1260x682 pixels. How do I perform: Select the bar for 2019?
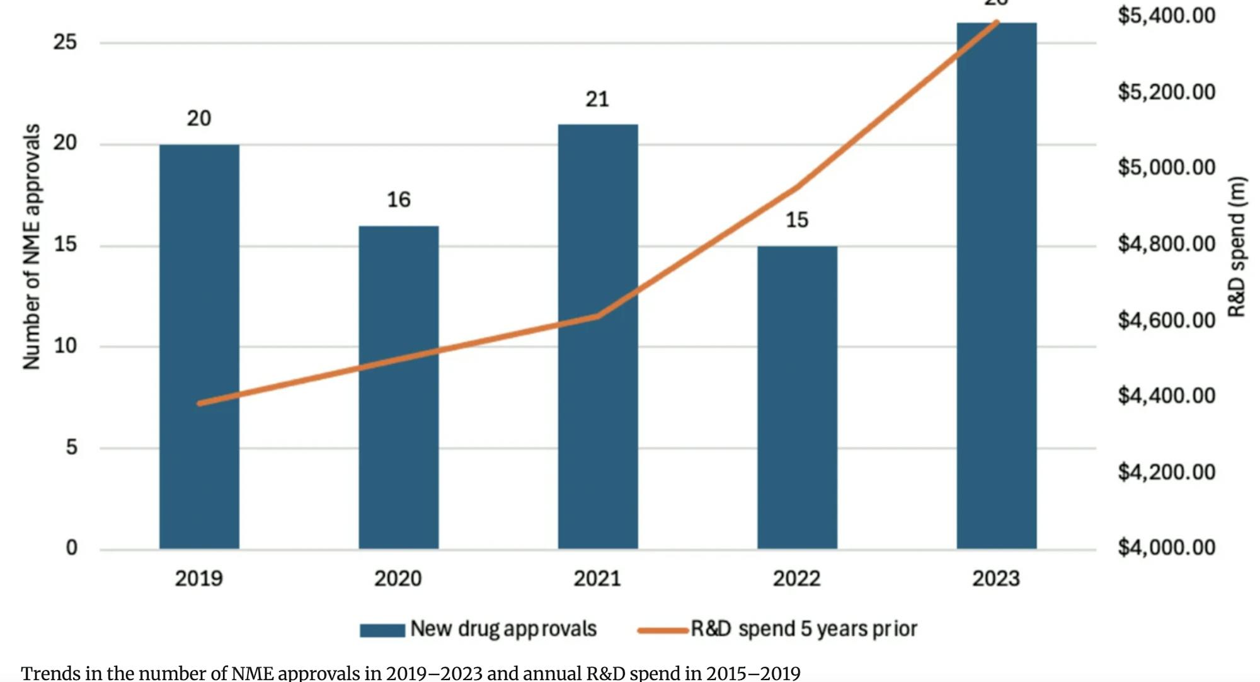[x=199, y=347]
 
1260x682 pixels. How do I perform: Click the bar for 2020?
[x=398, y=387]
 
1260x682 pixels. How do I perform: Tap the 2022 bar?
[x=797, y=397]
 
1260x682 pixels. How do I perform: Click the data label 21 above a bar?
[x=597, y=100]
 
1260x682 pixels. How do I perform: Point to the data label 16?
[x=398, y=200]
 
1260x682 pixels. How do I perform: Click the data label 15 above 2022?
[x=797, y=220]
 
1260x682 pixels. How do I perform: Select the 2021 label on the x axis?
[x=597, y=579]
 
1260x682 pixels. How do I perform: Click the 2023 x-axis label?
[x=995, y=579]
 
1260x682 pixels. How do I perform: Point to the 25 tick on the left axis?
[x=65, y=42]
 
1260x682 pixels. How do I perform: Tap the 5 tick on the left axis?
[x=71, y=448]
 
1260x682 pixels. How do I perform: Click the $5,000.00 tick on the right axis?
[x=1166, y=168]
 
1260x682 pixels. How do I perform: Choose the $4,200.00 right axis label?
[x=1166, y=472]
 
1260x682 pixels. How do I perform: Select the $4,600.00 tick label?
[x=1166, y=320]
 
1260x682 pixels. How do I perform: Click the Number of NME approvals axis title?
[x=31, y=246]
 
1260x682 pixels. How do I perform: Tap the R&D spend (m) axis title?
[x=1237, y=246]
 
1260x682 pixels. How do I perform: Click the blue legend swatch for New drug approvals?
[x=382, y=630]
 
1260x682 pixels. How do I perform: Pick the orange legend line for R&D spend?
[x=661, y=630]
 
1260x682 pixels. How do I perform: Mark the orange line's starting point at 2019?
[x=200, y=403]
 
